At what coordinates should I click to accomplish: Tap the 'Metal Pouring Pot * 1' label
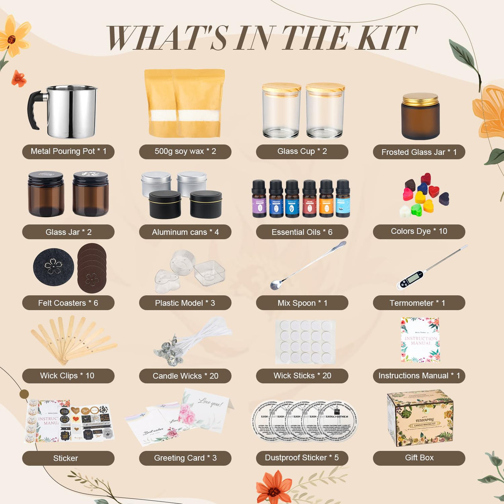[68, 152]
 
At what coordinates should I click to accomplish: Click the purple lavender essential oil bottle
[259, 199]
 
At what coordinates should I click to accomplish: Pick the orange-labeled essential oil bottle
[326, 199]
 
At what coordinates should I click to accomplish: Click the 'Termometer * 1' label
[418, 303]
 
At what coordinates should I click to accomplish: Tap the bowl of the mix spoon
[276, 285]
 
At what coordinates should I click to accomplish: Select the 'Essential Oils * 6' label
[302, 232]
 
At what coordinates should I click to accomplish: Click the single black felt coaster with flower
[53, 267]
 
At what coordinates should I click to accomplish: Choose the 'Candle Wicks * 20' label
[185, 376]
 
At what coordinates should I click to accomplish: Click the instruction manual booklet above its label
[420, 340]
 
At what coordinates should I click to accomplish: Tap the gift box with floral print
[420, 418]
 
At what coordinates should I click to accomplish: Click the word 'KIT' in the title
[387, 38]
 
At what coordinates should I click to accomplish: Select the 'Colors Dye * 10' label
[418, 231]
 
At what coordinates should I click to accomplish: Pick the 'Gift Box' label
[418, 458]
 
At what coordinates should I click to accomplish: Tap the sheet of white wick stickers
[305, 342]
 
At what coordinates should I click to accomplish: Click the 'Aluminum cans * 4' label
[185, 232]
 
